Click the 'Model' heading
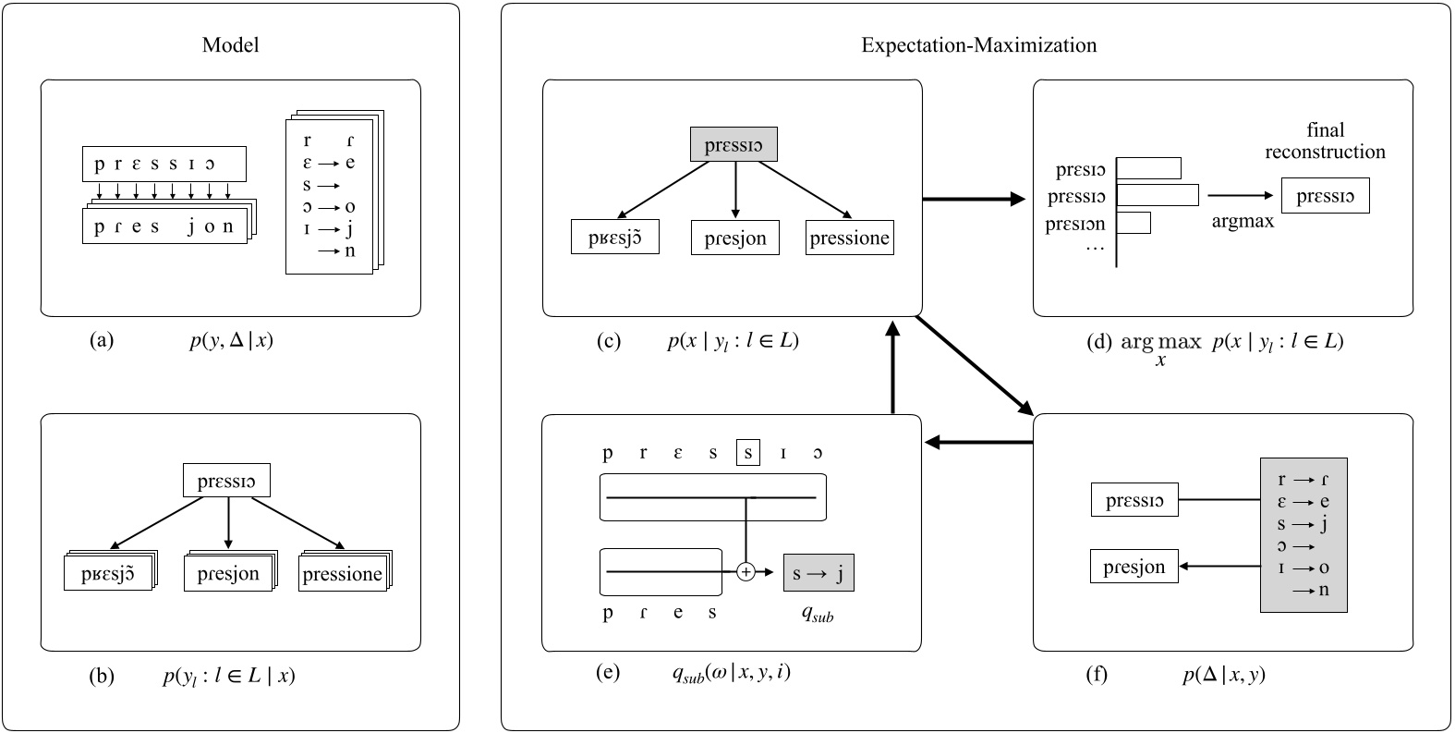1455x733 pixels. pos(230,45)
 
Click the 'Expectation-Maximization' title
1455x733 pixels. pos(978,45)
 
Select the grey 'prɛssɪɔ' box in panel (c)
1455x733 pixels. pos(734,145)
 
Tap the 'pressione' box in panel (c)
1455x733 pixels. pos(849,238)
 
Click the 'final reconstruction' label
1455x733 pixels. pos(1325,140)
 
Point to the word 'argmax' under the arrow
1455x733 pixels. pos(1243,222)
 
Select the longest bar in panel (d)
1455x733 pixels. pos(1158,196)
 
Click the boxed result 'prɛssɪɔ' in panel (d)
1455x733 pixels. pos(1325,197)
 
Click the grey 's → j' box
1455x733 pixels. pos(818,573)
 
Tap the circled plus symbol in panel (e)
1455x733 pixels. pos(746,572)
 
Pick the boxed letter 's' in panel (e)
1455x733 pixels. pos(747,453)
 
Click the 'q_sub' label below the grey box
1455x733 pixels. pos(817,615)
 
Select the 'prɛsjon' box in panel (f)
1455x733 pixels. pos(1134,567)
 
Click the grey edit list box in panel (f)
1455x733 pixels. pos(1303,534)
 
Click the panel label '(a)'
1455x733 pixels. pos(102,340)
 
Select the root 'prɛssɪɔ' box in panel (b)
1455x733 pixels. pos(226,481)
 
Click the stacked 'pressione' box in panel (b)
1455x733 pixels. pos(343,574)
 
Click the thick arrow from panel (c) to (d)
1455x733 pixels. pos(975,198)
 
